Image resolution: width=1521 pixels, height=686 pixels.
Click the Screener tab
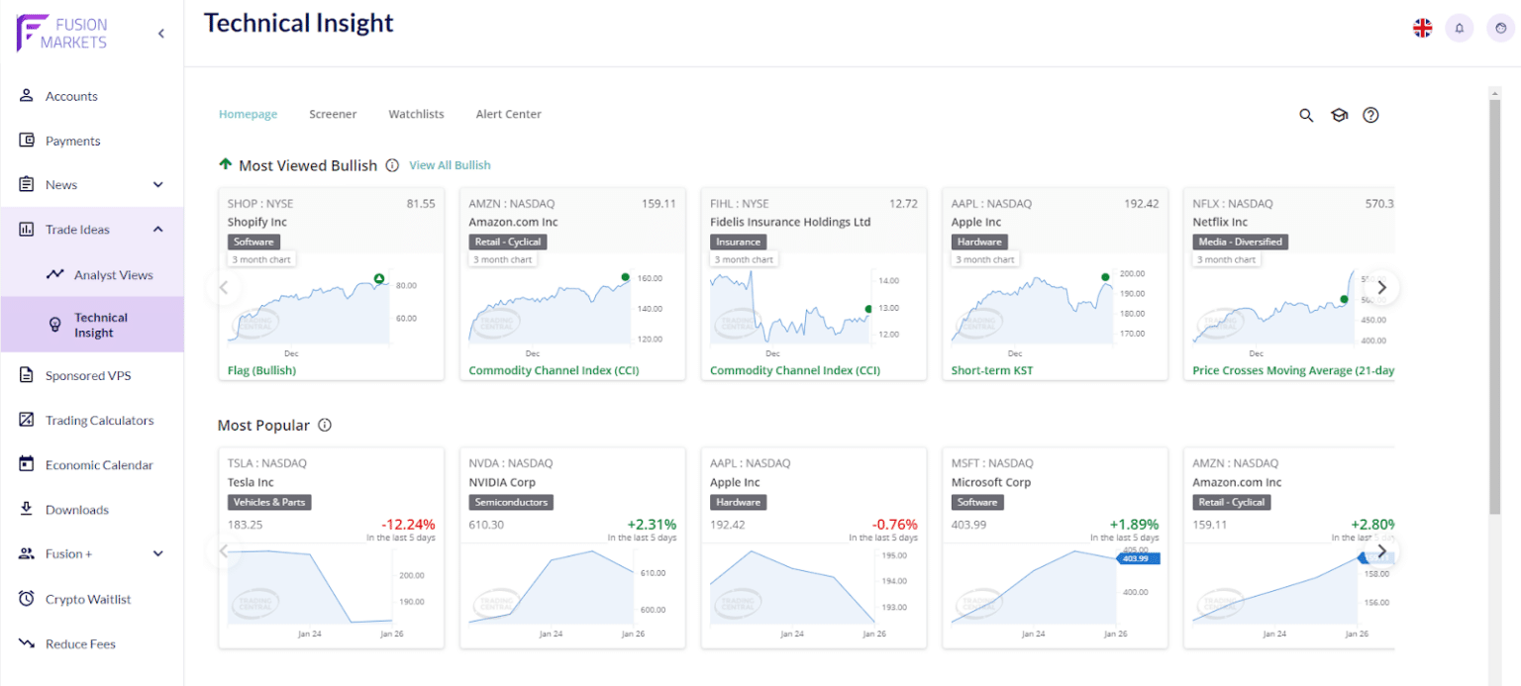coord(333,114)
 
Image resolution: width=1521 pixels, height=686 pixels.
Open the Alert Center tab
coord(508,114)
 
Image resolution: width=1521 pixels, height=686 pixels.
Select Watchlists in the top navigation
coord(416,114)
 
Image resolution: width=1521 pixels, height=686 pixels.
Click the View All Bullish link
coord(450,165)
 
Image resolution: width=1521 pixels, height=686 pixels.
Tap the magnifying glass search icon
coord(1306,115)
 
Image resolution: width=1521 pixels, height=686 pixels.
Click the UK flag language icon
coord(1422,28)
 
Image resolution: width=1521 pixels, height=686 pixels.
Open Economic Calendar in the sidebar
coord(99,465)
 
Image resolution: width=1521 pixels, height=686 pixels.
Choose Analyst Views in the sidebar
coord(113,275)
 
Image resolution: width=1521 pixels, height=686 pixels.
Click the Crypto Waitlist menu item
coord(88,599)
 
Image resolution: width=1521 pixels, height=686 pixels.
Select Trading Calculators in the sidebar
coord(99,421)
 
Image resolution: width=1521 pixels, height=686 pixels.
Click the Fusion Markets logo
coord(62,33)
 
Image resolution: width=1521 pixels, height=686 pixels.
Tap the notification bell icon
coord(1459,28)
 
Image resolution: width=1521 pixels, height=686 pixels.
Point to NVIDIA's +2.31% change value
coord(651,525)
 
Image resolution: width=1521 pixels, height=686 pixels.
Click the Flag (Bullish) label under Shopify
coord(261,370)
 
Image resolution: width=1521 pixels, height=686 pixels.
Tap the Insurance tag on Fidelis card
coord(738,242)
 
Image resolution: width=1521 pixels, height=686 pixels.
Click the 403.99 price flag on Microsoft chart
coord(1139,558)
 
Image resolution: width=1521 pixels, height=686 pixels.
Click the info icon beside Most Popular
coord(325,426)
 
